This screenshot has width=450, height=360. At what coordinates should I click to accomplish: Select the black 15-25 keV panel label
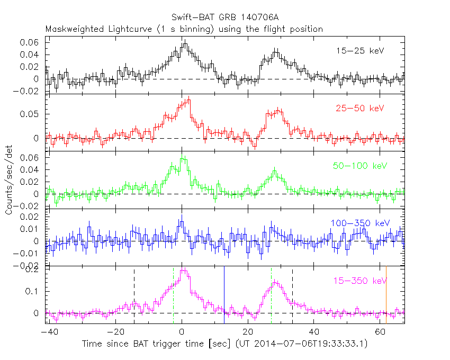359,51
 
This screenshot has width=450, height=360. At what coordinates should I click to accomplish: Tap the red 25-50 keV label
359,108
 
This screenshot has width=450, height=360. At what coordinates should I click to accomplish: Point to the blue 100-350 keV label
357,223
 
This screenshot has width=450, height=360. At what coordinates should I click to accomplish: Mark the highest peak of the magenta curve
183,271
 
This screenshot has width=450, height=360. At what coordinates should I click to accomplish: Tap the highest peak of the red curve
188,98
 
